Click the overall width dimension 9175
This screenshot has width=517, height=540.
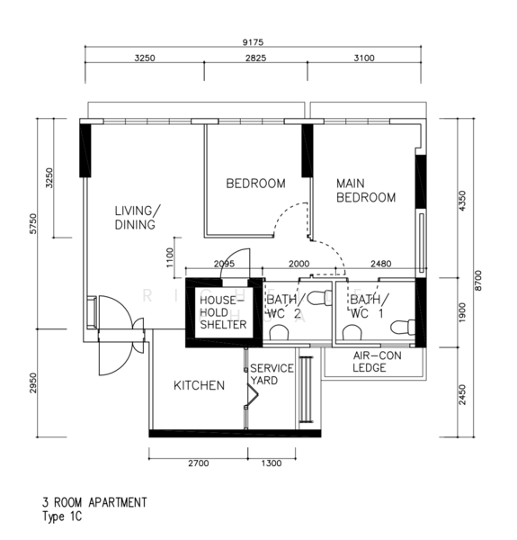(x=253, y=42)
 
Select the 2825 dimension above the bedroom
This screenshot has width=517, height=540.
(x=255, y=58)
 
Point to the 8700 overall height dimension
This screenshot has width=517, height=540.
(x=478, y=281)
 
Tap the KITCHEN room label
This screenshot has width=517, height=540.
(x=200, y=385)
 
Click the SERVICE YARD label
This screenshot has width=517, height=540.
(x=272, y=374)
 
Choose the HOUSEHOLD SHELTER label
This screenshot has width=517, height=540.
(x=223, y=312)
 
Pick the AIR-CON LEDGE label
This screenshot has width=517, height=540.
(x=377, y=362)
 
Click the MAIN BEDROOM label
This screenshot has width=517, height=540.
(x=366, y=191)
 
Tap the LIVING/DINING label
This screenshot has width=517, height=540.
(x=138, y=218)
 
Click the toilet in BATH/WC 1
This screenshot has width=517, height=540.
(x=403, y=327)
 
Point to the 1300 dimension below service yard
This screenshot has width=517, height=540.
(x=272, y=463)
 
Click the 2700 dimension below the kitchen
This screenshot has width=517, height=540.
(x=199, y=463)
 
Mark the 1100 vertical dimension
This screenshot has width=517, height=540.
(x=170, y=257)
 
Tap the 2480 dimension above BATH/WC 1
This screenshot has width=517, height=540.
(x=381, y=264)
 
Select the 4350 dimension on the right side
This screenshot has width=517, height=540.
(x=462, y=201)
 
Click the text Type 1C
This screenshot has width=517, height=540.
(x=62, y=517)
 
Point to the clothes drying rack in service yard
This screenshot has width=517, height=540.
(x=306, y=390)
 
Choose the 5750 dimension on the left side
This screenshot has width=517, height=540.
(x=33, y=224)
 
